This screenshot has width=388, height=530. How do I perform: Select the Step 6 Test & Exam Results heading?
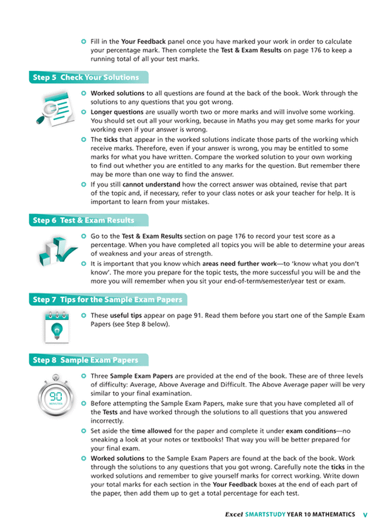[x=83, y=220]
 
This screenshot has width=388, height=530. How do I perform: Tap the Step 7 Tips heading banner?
[x=107, y=300]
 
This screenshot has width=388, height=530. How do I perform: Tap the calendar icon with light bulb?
[x=56, y=327]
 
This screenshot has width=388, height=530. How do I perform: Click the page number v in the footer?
[x=364, y=514]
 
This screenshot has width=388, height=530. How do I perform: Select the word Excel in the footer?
[x=233, y=514]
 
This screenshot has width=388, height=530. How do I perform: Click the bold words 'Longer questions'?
[x=117, y=112]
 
